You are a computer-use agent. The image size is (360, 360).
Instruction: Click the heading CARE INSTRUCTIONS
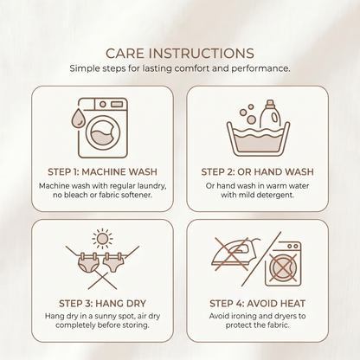click(180, 54)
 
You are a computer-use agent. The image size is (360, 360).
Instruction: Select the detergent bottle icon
click(270, 114)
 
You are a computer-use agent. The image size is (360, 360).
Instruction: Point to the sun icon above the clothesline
click(102, 239)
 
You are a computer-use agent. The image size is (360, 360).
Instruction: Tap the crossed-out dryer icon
click(283, 264)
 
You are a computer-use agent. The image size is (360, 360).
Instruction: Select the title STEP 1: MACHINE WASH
click(102, 172)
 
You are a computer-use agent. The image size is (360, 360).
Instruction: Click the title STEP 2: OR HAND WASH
click(257, 172)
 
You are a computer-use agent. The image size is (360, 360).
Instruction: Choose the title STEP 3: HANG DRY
click(102, 304)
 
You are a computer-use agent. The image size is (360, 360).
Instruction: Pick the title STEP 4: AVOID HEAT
click(257, 304)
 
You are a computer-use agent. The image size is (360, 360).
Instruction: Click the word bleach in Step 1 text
click(74, 195)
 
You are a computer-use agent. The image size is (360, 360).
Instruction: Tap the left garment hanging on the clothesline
click(88, 263)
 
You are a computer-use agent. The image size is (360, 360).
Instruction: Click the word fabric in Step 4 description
click(276, 325)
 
